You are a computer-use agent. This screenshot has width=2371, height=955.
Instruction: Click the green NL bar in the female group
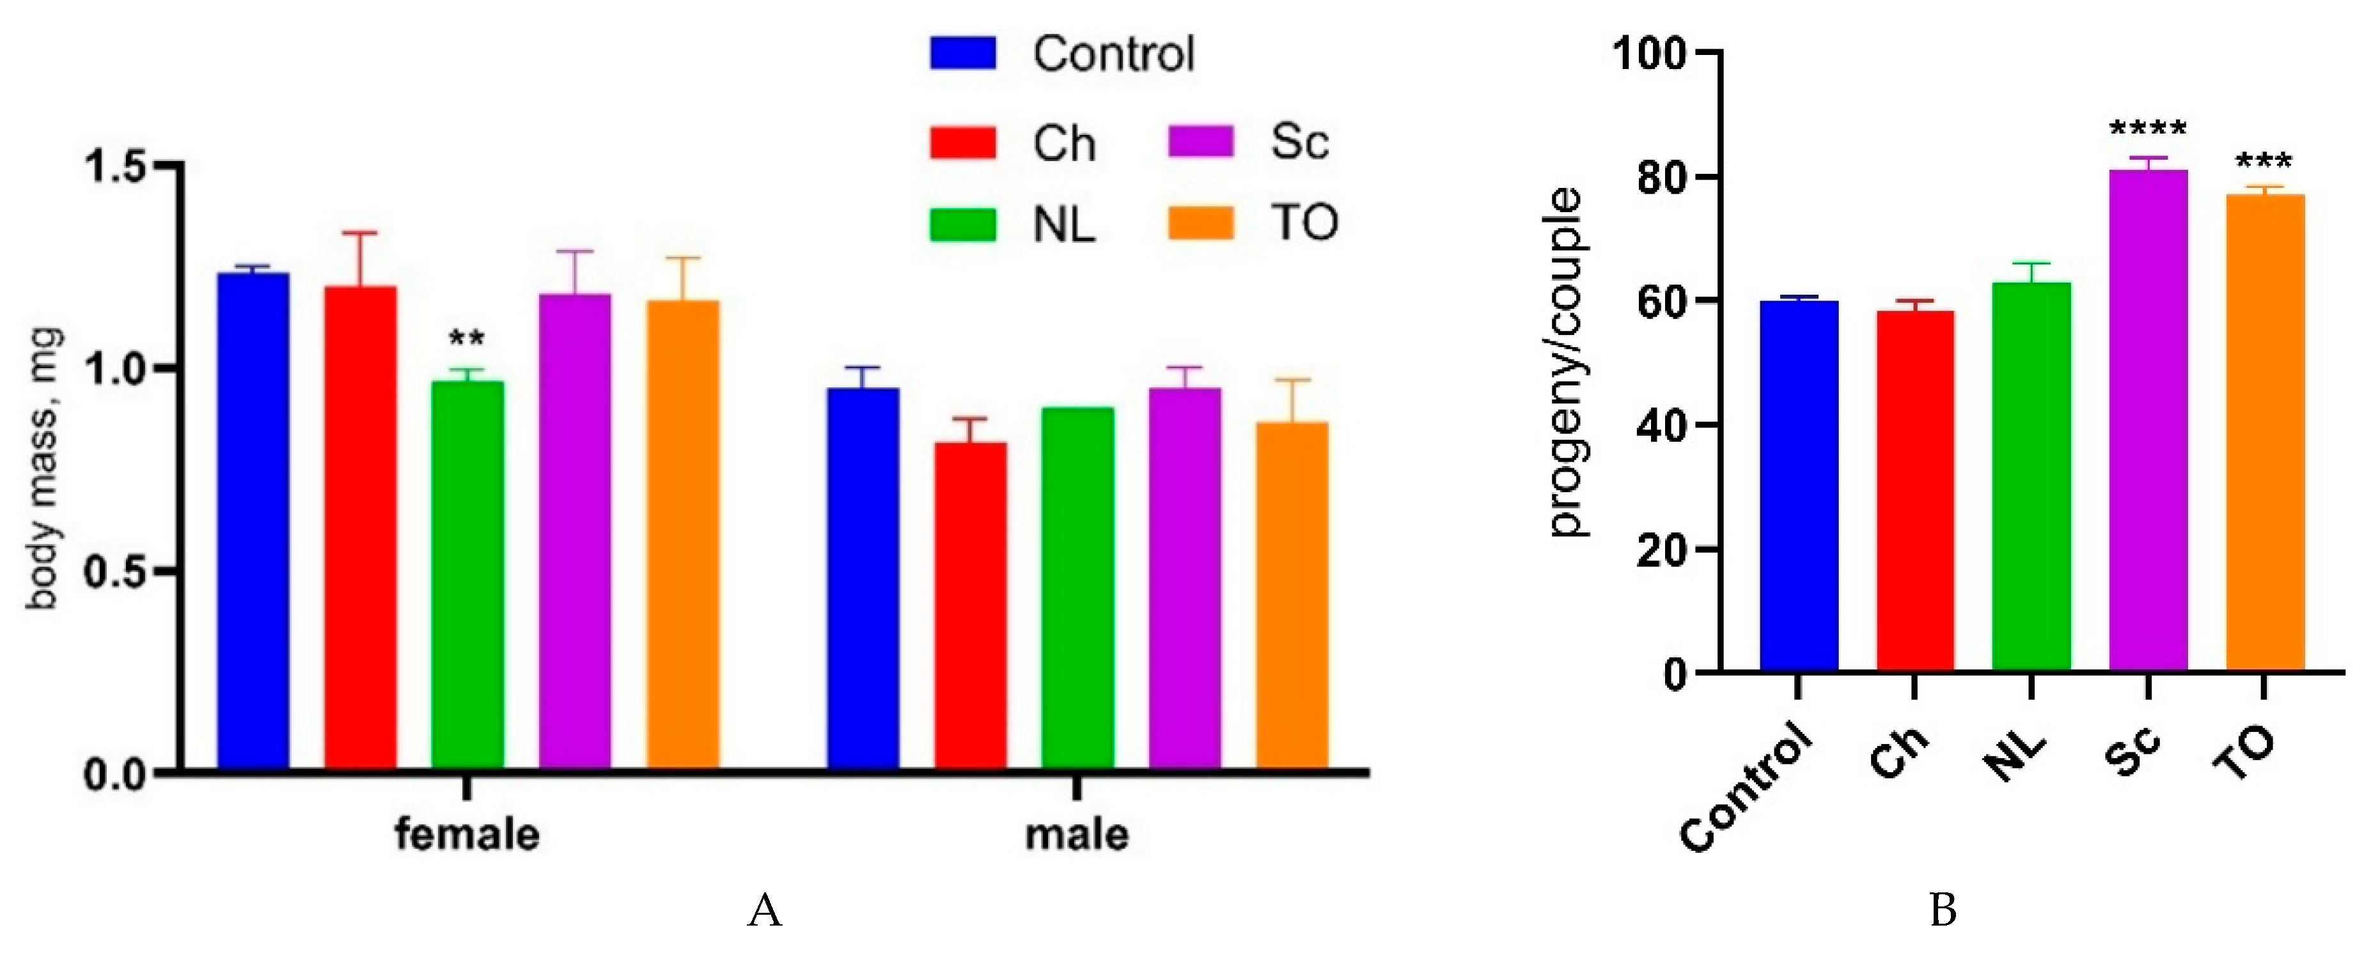pyautogui.click(x=467, y=575)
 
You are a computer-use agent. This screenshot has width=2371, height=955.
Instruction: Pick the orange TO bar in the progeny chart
pyautogui.click(x=2265, y=432)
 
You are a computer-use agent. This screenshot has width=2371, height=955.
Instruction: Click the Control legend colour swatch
pyautogui.click(x=963, y=53)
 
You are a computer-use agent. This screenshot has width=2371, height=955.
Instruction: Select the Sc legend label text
pyautogui.click(x=1299, y=143)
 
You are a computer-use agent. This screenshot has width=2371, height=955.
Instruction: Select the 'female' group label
pyautogui.click(x=467, y=834)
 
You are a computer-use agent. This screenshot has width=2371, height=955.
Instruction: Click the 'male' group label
pyautogui.click(x=1077, y=834)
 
